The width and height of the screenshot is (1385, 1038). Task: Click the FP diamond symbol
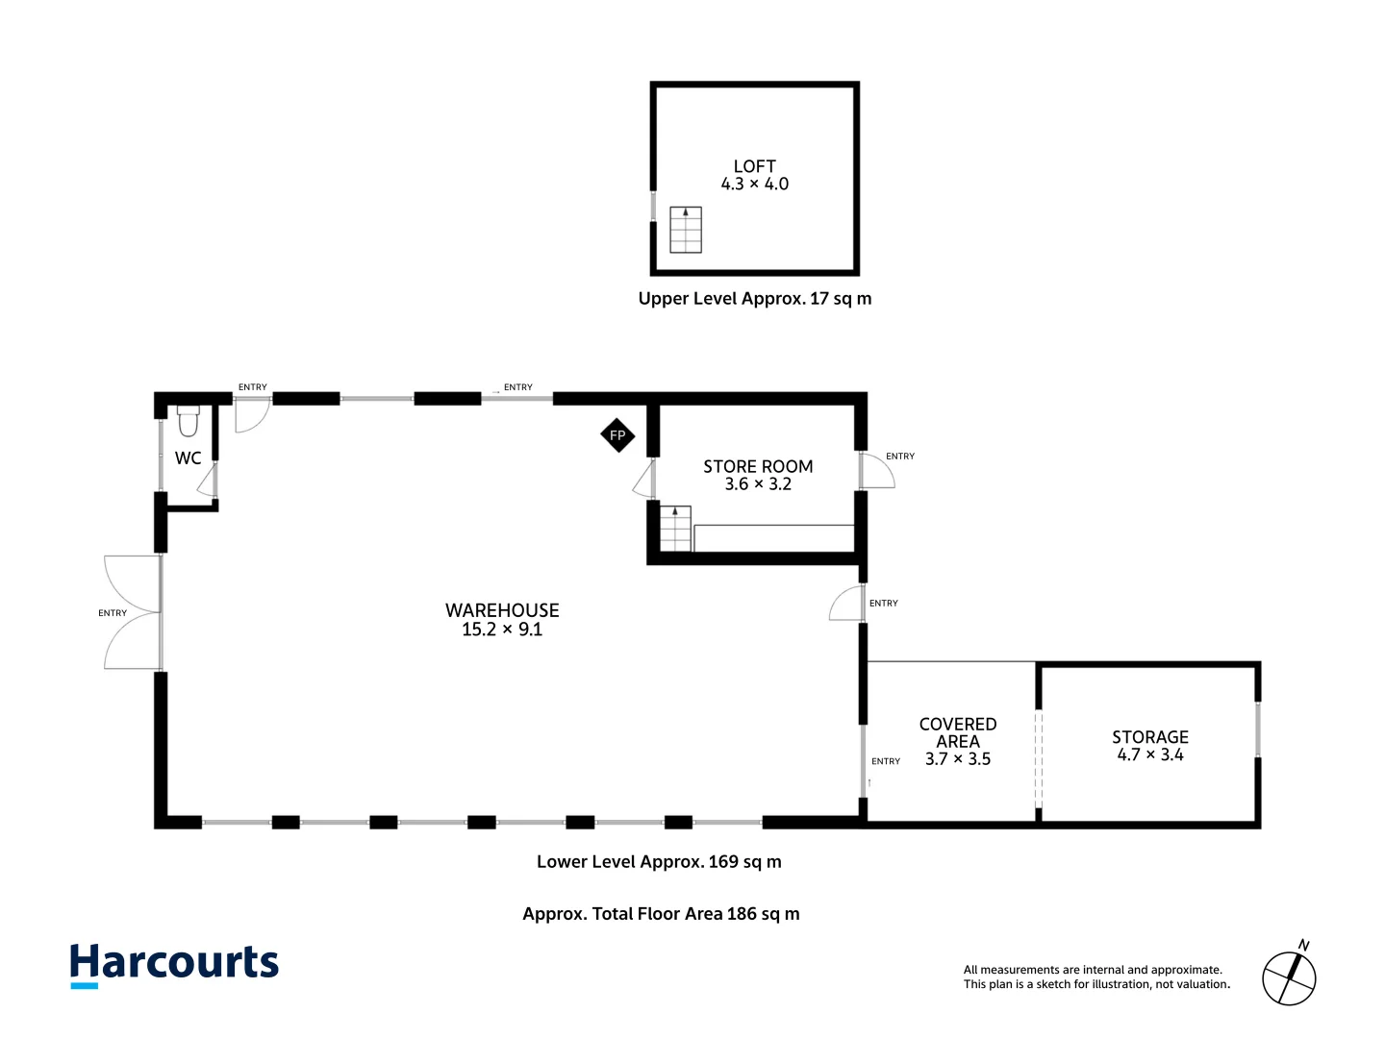pos(617,434)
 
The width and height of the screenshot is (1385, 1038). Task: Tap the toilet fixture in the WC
pos(188,421)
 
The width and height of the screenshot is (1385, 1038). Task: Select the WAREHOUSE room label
pos(502,610)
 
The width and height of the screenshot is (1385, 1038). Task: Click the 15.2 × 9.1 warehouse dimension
pos(502,629)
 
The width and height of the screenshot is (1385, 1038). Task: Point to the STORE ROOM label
pos(758,466)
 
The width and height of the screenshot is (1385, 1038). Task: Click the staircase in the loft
pos(685,230)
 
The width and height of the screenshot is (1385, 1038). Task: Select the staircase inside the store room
pos(675,529)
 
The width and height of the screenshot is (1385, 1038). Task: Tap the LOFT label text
pos(755,166)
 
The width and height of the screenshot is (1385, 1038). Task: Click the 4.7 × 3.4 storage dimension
pos(1150,754)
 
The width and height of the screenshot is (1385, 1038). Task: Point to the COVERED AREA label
pos(958,733)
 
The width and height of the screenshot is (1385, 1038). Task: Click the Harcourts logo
pos(174,965)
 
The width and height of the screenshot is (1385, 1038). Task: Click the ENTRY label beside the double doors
pos(113,612)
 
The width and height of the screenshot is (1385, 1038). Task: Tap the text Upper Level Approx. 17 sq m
pos(755,299)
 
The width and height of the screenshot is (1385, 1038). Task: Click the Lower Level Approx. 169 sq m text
pos(659,861)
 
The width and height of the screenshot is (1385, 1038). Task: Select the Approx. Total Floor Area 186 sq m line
pos(661,914)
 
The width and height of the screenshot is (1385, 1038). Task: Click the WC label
pos(188,458)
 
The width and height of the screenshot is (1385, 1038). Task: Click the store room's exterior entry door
pos(877,470)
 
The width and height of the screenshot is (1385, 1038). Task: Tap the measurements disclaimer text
pos(1096,976)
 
